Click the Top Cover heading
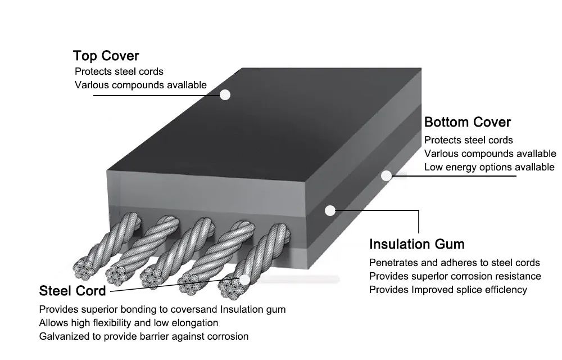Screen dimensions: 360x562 coord(106,56)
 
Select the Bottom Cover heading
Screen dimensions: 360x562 coord(467,122)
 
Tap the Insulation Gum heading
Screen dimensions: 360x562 coord(416,244)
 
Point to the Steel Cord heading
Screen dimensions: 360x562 coord(72,291)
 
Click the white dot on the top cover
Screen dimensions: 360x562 coord(225,94)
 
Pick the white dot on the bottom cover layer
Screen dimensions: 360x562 coord(386,175)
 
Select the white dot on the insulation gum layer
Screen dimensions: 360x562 coord(330,210)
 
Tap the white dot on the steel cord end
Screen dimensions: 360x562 coord(244,279)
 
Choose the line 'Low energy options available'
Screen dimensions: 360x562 coord(489,167)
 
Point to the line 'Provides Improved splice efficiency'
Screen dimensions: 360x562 coord(448,290)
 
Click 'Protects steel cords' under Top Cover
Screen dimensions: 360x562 coord(119,71)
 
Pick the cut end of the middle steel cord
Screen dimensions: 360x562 coord(153,277)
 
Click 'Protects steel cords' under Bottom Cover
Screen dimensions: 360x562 coord(468,140)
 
